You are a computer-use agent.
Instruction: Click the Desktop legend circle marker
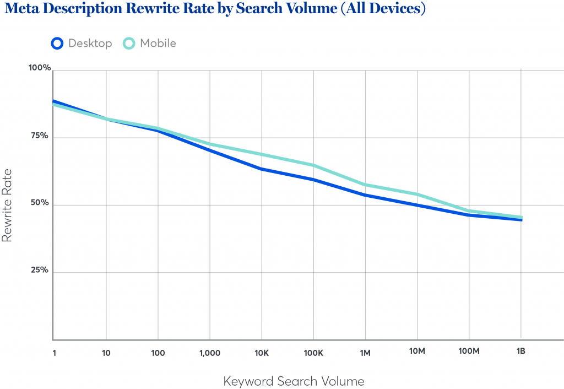click(x=57, y=43)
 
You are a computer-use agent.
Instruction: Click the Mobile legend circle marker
click(x=129, y=43)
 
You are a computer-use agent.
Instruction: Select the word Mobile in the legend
click(x=158, y=43)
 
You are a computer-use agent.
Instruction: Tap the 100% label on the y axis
click(x=40, y=68)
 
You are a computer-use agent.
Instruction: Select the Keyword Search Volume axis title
click(x=294, y=381)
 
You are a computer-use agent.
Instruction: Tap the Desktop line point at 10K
click(x=262, y=169)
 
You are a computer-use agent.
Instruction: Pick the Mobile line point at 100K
click(x=313, y=165)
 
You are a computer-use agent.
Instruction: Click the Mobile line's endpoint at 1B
click(x=520, y=217)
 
